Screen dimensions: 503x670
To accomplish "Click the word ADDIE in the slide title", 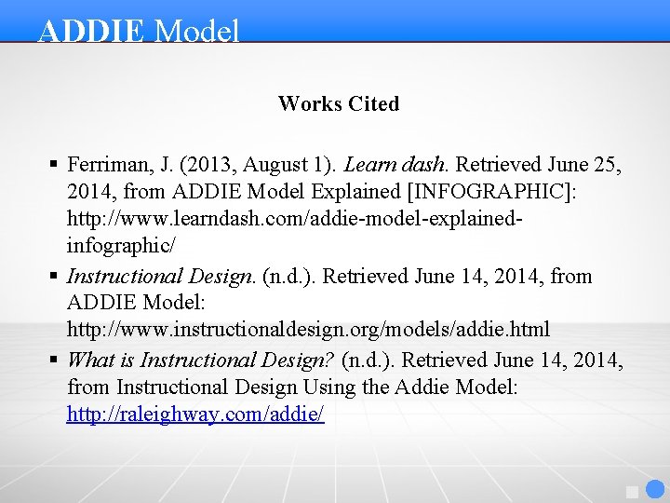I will (91, 31).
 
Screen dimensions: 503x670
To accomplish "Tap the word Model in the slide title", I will (197, 31).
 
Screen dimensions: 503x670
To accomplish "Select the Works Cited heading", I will (339, 104).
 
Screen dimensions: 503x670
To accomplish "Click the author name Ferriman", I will (108, 165).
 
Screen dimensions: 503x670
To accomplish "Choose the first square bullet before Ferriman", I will (54, 166).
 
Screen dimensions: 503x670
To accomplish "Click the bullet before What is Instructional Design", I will (54, 360).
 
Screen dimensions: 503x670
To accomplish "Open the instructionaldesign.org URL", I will (308, 330).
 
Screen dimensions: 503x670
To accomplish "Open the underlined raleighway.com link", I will (195, 415).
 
